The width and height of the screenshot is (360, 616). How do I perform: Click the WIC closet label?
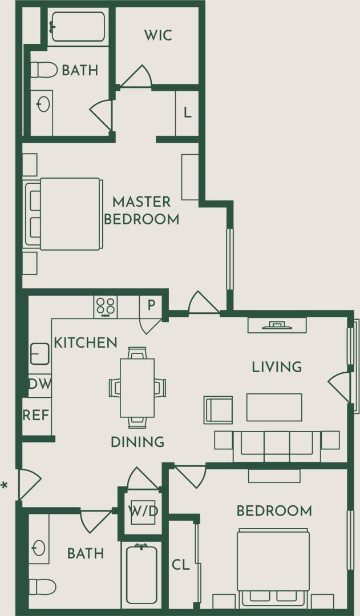(x=158, y=35)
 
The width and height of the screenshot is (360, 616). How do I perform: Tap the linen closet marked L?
(x=187, y=113)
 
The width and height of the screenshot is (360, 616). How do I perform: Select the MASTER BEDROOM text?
(x=145, y=210)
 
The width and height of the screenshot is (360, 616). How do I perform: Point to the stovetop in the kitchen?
(x=106, y=307)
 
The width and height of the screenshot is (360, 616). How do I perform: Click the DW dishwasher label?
(x=39, y=384)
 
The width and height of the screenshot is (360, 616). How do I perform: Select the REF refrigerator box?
(x=36, y=415)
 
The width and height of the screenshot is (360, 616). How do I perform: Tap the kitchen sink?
(x=39, y=353)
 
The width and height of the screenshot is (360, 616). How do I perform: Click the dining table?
(x=137, y=387)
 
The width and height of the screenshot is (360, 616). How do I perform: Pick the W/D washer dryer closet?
(x=143, y=511)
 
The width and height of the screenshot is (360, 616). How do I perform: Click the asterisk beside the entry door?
(x=5, y=486)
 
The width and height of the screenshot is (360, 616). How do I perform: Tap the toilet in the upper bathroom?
(x=43, y=70)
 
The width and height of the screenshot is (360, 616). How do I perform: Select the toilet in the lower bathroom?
(x=42, y=586)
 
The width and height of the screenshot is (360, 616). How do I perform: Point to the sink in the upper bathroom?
(x=43, y=104)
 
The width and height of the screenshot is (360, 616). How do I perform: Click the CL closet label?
(x=180, y=565)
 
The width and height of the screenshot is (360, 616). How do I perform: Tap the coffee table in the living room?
(x=274, y=407)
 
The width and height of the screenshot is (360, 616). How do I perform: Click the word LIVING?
(x=277, y=367)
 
